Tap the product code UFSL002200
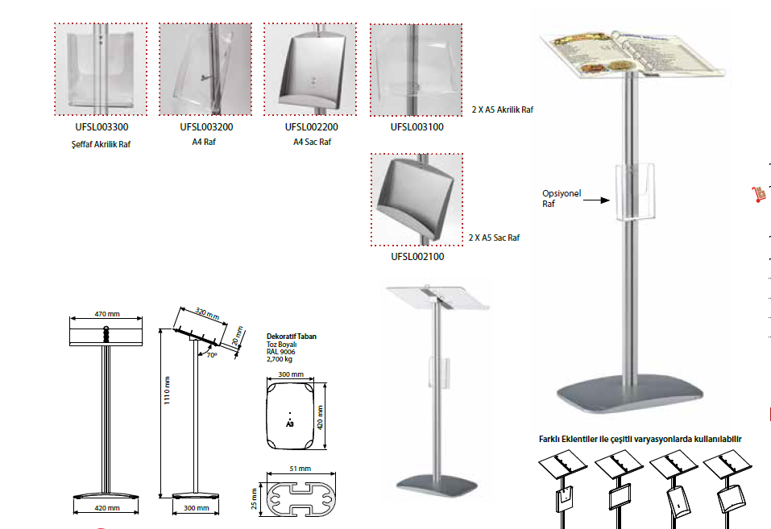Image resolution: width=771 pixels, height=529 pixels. [x=311, y=126]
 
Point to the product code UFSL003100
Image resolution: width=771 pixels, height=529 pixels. [x=417, y=126]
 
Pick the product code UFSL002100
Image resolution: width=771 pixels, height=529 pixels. [x=417, y=257]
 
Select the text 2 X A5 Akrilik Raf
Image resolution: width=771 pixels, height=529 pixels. [x=503, y=109]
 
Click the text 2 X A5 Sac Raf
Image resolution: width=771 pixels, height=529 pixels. [x=495, y=238]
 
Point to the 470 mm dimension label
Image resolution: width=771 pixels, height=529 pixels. [x=106, y=313]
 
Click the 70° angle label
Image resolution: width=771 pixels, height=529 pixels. [x=212, y=353]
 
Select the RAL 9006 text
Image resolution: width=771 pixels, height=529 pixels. [x=282, y=352]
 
